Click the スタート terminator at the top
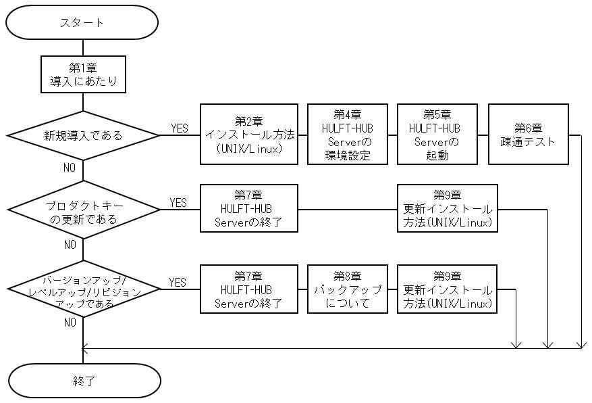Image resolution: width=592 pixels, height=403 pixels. coord(82,22)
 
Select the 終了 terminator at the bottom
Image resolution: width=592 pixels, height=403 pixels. coord(84,381)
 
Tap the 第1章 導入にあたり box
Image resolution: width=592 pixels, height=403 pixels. coord(83,74)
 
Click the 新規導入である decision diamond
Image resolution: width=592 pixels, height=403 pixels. coord(84,135)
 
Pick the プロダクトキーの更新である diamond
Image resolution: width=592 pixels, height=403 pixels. coord(84,210)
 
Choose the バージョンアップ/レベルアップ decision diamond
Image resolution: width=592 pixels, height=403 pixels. coord(84,289)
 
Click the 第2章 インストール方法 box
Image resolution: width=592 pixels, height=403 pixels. coord(249,134)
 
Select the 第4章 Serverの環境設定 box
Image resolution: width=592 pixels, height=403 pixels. coord(348,134)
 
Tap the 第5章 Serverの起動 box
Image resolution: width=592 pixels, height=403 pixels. coord(437,134)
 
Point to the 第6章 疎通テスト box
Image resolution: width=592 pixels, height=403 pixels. coord(528,134)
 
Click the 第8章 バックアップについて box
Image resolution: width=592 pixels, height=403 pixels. coord(348,289)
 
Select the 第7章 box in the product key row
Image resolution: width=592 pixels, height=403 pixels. coord(249,208)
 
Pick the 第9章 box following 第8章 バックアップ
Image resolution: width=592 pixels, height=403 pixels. coord(447,289)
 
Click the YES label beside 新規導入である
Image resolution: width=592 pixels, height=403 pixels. coord(180,128)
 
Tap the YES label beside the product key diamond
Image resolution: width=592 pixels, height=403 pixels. coord(178,203)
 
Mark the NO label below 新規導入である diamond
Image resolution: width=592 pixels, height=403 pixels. coord(70,168)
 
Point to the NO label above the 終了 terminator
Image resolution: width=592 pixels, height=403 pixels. coord(70,323)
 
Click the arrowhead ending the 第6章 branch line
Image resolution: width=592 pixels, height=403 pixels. coord(581,344)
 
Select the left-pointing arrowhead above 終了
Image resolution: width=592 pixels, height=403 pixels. coord(85,348)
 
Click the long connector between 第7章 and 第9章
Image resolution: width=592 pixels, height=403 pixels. coord(348,210)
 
